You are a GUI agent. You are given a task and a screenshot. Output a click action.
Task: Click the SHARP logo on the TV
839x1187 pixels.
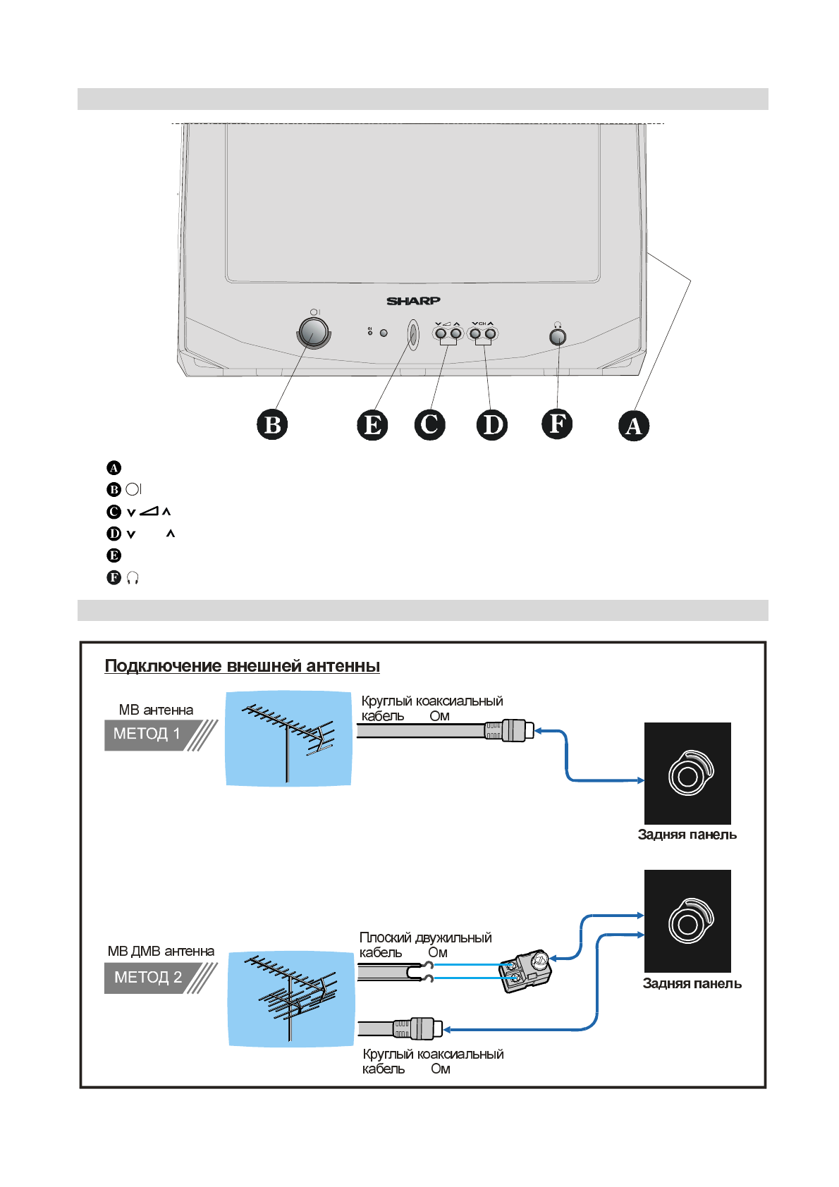click(413, 301)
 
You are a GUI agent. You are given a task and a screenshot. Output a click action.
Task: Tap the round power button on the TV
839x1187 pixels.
click(314, 331)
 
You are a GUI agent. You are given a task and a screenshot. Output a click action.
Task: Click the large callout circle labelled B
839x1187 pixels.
click(272, 424)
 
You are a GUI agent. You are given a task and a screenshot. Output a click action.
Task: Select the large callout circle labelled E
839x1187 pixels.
click(372, 424)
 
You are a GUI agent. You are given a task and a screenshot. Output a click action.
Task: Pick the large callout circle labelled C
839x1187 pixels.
click(429, 424)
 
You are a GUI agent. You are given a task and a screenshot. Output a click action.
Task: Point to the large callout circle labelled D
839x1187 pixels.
click(492, 424)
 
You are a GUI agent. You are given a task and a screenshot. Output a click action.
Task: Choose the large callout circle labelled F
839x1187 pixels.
click(557, 424)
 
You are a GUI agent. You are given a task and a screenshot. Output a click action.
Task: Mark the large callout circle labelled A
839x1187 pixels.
click(634, 426)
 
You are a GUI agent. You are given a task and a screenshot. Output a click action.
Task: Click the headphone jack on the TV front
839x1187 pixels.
click(558, 336)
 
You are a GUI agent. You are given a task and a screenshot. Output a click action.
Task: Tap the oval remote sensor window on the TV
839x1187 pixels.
click(412, 333)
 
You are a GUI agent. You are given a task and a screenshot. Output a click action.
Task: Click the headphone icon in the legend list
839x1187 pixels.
click(133, 578)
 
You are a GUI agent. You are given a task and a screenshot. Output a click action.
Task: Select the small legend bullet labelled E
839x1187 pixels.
click(114, 555)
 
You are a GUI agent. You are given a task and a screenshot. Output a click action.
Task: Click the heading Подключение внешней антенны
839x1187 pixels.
click(242, 666)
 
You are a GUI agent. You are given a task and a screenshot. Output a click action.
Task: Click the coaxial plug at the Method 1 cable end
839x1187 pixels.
click(510, 730)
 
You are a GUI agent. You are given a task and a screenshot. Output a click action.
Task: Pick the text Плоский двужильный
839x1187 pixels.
click(425, 937)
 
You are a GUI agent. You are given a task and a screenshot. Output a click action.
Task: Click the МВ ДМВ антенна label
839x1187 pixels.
click(161, 951)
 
